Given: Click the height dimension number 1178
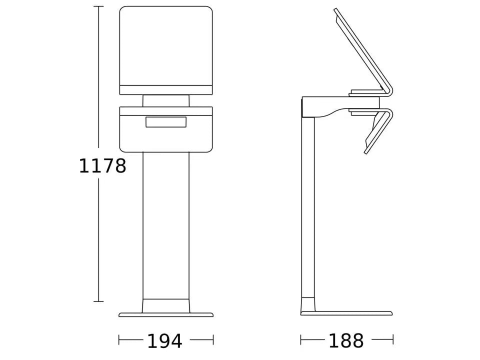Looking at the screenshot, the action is click(x=102, y=166).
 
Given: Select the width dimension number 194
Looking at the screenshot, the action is click(x=164, y=340).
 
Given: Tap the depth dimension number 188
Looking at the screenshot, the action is click(x=346, y=340).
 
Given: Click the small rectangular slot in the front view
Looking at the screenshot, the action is click(x=166, y=121).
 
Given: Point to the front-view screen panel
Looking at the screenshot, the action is click(x=166, y=50).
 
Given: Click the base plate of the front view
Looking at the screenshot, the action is click(x=166, y=314).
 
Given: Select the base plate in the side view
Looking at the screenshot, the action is click(x=346, y=313).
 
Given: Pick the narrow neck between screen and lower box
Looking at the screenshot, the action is click(x=166, y=100).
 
